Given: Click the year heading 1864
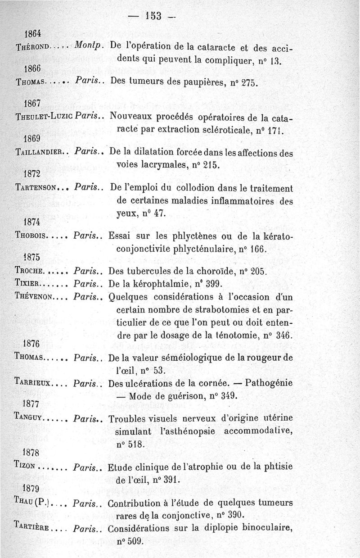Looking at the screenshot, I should pos(33,33).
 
